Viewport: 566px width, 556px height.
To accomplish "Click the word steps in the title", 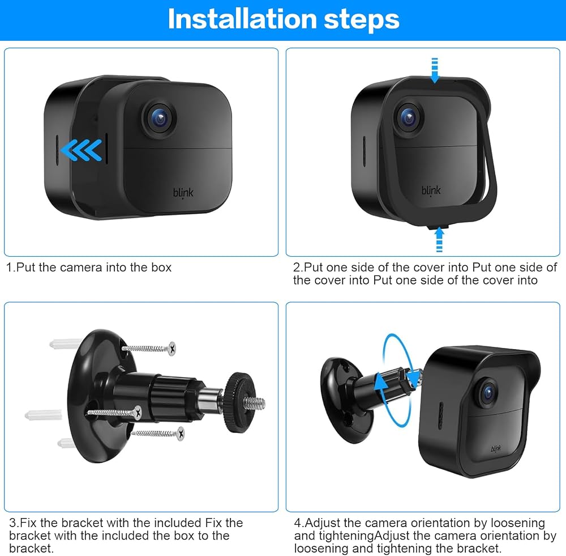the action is pos(362,20).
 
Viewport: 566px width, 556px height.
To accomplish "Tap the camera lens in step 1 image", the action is pos(160,117).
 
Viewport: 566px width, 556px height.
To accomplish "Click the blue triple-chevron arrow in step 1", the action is pos(81,150).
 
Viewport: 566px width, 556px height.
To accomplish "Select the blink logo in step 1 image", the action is pos(183,193).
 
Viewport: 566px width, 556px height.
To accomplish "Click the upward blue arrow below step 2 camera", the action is pos(439,239).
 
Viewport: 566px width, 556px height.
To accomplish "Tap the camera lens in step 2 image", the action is pos(409,117).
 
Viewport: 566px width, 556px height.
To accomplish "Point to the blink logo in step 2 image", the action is pos(431,190).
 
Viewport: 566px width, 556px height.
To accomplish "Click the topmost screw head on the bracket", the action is pos(172,349).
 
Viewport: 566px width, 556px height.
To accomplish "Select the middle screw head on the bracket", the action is pos(138,412).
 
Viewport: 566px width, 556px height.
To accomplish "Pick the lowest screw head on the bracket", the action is pos(181,433).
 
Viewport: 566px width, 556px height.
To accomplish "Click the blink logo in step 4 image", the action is pos(496,449).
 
